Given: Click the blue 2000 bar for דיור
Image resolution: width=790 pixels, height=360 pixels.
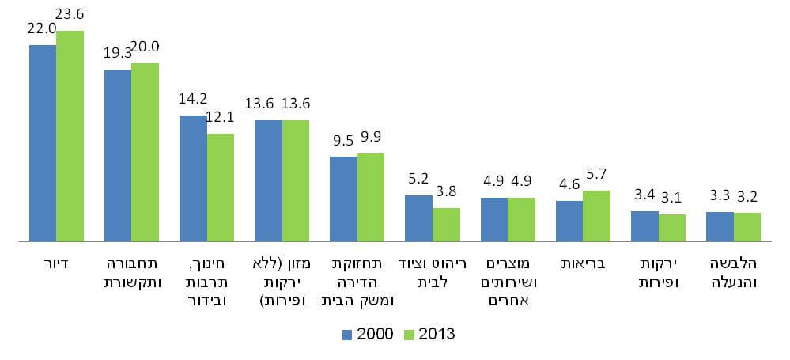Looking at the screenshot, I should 43,142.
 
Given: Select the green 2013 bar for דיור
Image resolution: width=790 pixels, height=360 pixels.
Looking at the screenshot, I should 70,135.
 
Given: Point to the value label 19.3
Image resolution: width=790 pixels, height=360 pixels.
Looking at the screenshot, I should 118,54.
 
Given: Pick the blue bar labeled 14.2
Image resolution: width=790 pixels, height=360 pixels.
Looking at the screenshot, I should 193,178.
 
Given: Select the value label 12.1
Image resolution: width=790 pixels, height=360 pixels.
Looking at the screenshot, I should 220,118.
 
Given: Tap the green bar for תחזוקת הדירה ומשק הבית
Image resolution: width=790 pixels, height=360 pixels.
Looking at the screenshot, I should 371,197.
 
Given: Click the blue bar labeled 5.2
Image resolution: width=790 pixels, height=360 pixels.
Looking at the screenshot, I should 418,218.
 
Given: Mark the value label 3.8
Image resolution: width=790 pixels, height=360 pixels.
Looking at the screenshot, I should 447,191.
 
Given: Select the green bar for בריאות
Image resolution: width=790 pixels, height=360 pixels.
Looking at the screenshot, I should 596,215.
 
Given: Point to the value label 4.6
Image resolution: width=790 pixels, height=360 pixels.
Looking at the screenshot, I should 569,185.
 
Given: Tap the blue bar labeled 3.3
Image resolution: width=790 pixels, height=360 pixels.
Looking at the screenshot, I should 720,226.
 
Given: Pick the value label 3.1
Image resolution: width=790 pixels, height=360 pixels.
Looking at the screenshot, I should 673,198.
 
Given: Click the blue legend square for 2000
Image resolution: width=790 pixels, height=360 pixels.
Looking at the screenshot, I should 347,334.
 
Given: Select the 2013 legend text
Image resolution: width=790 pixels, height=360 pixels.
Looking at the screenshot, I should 437,334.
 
